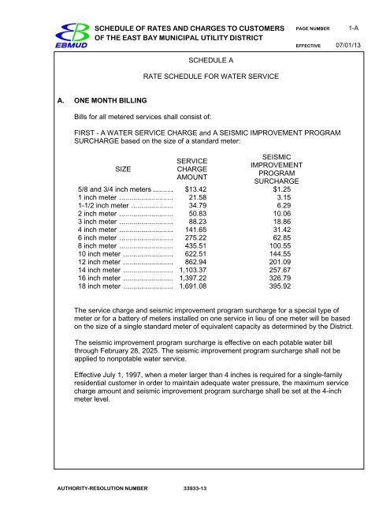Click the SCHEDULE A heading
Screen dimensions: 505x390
[x=213, y=60]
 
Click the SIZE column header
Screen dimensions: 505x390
[x=124, y=170]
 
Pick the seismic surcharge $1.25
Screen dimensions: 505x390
[x=276, y=190]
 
